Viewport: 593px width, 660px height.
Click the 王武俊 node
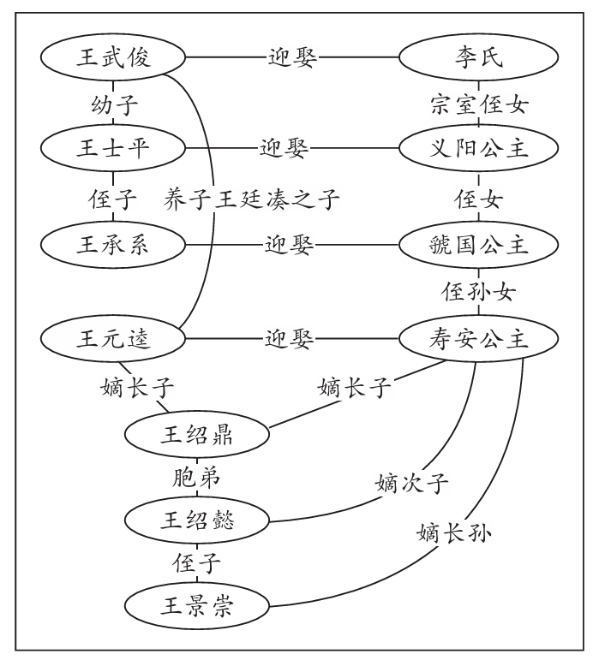[x=113, y=58]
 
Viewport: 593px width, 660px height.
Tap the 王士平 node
[x=113, y=147]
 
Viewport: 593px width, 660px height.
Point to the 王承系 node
[x=113, y=243]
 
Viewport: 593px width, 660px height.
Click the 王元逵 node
[x=113, y=339]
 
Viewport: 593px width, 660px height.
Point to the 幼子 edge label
[x=114, y=104]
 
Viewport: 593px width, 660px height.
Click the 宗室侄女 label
[x=479, y=104]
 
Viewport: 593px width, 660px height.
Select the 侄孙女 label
[x=479, y=291]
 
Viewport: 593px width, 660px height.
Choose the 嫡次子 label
[x=411, y=484]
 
